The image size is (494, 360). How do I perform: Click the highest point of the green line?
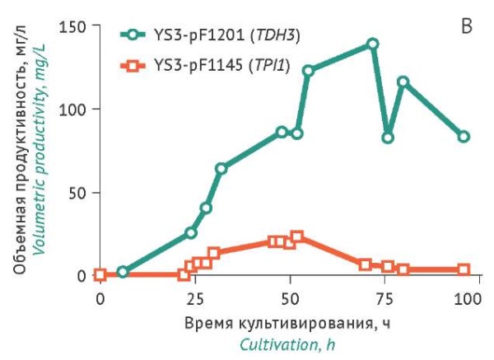[372, 44]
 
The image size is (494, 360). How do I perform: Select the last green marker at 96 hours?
[464, 137]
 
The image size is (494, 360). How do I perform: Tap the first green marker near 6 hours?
[123, 272]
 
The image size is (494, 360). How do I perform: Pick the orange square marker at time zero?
[100, 275]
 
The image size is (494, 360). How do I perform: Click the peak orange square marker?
[297, 237]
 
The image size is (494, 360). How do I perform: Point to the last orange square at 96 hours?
[464, 269]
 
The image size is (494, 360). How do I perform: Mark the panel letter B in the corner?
[466, 27]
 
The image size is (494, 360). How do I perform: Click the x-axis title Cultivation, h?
[288, 342]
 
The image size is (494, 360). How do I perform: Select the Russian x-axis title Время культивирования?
[287, 321]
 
